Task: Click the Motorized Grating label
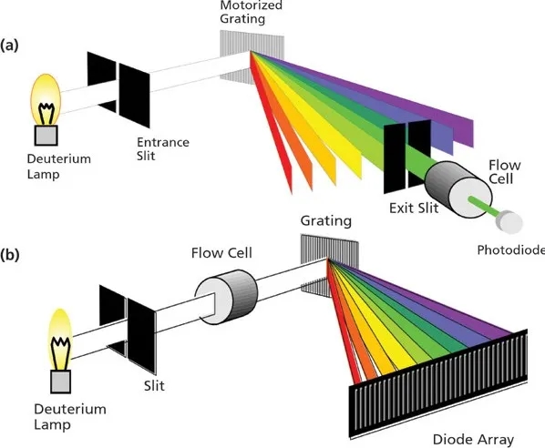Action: pos(251,12)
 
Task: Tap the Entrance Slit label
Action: pos(162,148)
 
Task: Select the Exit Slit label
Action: pos(414,208)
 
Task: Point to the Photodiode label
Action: pos(511,250)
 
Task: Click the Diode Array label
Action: pos(473,440)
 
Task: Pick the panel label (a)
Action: pos(9,46)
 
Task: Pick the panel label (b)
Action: pos(10,255)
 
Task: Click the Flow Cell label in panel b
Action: pos(221,253)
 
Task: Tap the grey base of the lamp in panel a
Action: pos(46,135)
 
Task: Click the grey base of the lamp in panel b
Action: pos(61,382)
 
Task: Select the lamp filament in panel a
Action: pos(46,113)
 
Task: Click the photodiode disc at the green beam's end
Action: pos(509,222)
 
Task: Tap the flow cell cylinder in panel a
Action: pos(458,188)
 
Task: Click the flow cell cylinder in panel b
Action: pos(226,297)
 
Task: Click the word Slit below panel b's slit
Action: pos(154,385)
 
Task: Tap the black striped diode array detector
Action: pos(438,383)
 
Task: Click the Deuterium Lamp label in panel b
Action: pos(70,416)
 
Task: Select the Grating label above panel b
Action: pos(326,221)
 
